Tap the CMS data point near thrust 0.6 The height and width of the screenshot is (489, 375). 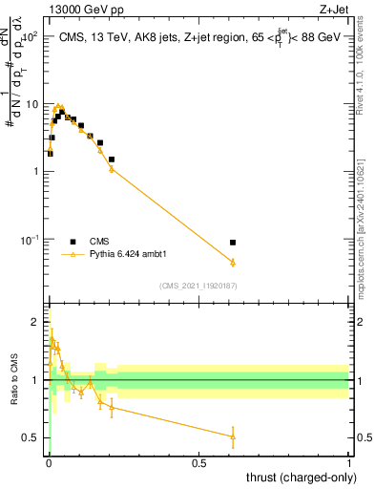coord(233,243)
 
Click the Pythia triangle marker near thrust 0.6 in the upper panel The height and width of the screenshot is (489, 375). coord(233,262)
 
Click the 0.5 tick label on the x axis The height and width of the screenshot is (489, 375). coord(198,462)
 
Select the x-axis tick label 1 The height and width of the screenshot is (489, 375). coord(349,462)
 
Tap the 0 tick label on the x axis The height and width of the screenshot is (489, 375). coord(48,462)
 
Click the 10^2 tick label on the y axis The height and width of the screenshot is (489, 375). coord(29,35)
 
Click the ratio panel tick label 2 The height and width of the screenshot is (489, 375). coord(34,321)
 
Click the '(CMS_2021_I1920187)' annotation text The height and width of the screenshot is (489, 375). coord(198,286)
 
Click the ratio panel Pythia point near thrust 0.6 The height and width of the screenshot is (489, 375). coord(233,436)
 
